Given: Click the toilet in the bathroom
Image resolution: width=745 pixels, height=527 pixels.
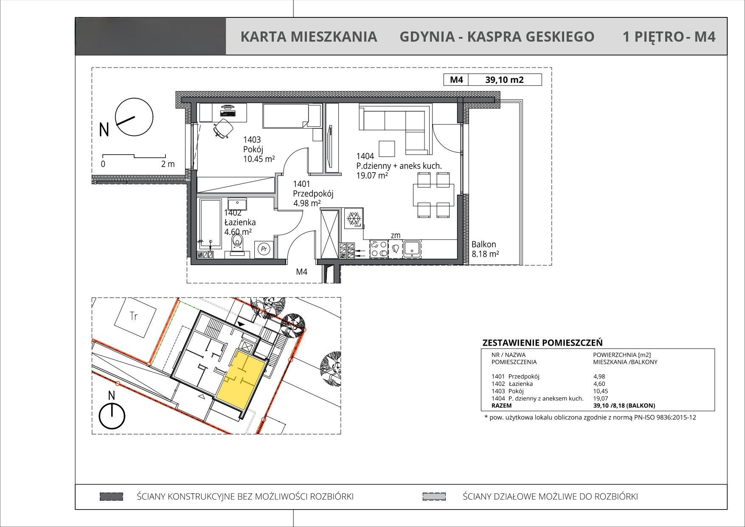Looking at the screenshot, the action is [237, 246].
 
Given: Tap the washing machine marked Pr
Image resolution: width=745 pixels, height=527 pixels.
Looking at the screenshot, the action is [264, 249].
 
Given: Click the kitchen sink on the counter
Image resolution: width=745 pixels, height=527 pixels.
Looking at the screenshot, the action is [412, 249].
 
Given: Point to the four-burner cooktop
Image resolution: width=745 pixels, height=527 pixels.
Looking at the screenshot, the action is [379, 249].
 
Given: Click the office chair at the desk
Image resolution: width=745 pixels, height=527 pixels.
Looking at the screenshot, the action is [222, 128].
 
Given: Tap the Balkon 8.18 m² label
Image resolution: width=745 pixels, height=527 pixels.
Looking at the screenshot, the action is [485, 249].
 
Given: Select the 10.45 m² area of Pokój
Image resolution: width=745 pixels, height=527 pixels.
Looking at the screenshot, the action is [259, 159].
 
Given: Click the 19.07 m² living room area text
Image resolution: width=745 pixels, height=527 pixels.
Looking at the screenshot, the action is [372, 175].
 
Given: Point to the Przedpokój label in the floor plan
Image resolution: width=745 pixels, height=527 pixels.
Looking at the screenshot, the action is [313, 194].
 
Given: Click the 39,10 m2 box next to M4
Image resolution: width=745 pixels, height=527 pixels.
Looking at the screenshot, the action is [504, 79].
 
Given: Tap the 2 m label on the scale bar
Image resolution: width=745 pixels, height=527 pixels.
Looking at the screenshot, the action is [168, 164].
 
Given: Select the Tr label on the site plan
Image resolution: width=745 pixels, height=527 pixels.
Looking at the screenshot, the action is [134, 316].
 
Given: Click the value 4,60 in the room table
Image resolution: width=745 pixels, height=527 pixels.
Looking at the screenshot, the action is [599, 384].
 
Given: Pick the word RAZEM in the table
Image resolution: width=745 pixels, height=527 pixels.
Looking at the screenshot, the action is [501, 406].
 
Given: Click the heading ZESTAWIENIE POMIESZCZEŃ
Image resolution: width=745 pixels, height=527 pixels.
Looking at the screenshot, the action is [543, 343].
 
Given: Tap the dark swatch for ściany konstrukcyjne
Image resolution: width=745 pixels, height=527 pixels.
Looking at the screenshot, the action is [111, 496].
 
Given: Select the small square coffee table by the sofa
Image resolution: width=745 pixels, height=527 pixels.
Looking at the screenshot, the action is [387, 149].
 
